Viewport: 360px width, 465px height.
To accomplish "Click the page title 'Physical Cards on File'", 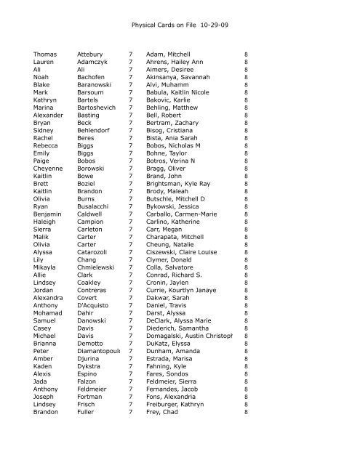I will (x=166, y=25).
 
